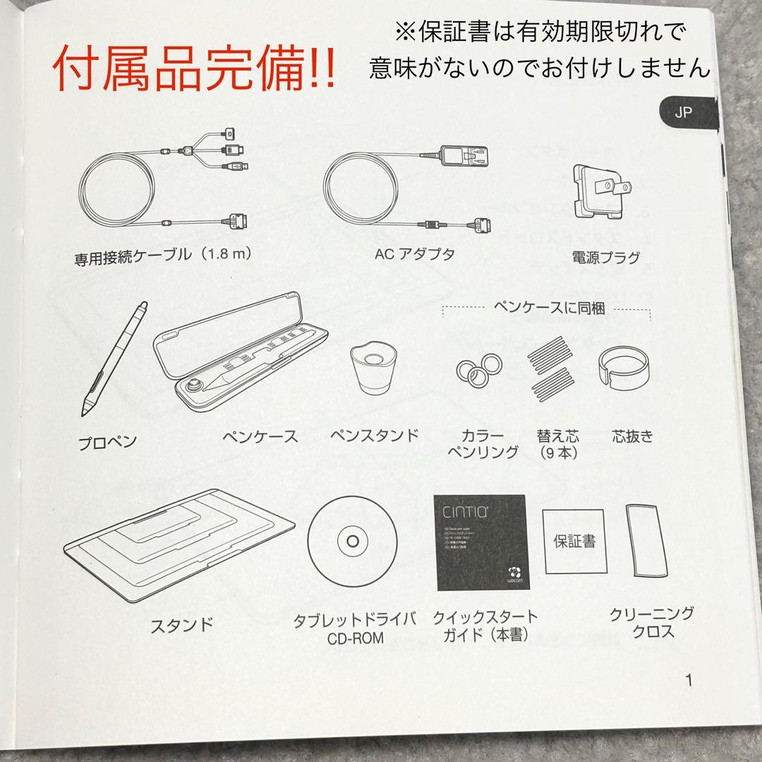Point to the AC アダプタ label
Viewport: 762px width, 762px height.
(414, 255)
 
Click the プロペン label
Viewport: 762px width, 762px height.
(107, 442)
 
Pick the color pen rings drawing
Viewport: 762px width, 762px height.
(479, 367)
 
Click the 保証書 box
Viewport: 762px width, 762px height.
(574, 541)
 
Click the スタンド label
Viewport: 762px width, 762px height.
(182, 624)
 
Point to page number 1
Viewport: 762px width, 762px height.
(689, 681)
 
